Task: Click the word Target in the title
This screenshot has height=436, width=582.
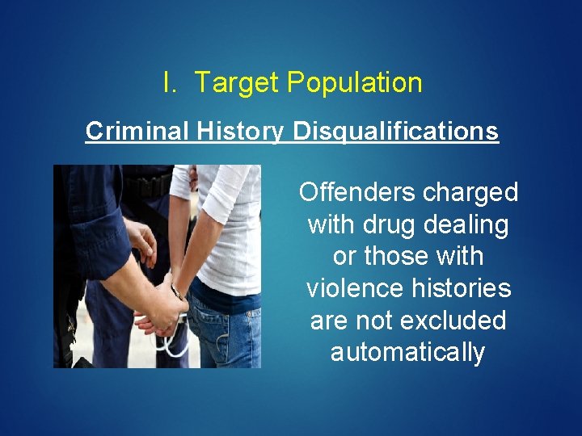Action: tap(236, 82)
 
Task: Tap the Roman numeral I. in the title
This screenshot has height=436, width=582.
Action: tap(170, 82)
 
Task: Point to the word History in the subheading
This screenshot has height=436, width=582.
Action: tap(239, 131)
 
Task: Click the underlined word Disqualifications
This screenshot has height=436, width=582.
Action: tap(396, 131)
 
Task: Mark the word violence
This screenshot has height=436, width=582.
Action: tap(356, 288)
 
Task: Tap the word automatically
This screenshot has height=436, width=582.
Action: tap(407, 353)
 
